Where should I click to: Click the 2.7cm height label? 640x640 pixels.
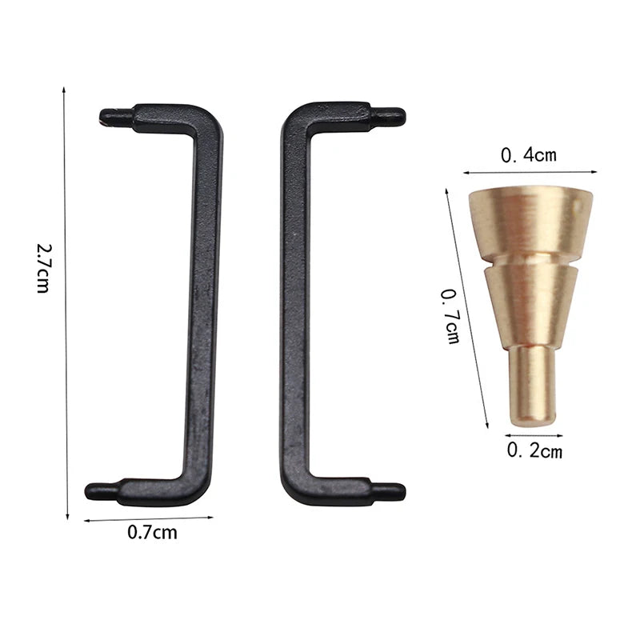pos(43,268)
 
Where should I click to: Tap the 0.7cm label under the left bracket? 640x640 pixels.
pos(152,533)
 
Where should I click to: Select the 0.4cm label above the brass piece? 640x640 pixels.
pos(529,155)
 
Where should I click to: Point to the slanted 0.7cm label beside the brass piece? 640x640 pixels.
pos(450,316)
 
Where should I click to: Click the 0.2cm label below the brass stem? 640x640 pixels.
pos(534,450)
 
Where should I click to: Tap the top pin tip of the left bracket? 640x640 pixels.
pos(101,116)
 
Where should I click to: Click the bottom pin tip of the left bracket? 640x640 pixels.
pos(86,491)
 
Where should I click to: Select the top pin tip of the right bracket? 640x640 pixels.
pos(404,117)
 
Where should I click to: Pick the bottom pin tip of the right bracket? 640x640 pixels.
pos(404,491)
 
